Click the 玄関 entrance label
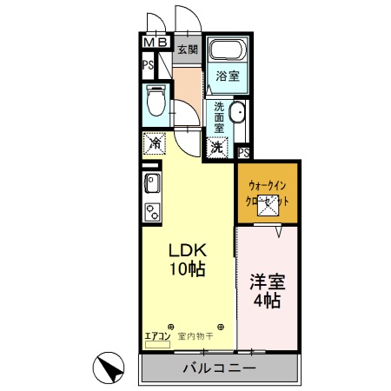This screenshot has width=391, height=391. pyautogui.click(x=188, y=50)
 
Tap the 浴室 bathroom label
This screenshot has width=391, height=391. pyautogui.click(x=229, y=76)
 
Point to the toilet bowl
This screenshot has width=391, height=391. pyautogui.click(x=156, y=103)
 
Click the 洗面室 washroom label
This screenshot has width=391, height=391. pyautogui.click(x=221, y=115)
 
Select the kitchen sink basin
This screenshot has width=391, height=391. pyautogui.click(x=149, y=183)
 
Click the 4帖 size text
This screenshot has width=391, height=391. pyautogui.click(x=266, y=302)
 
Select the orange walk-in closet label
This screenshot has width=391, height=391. pyautogui.click(x=268, y=191)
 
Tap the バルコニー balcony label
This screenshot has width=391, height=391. pyautogui.click(x=219, y=368)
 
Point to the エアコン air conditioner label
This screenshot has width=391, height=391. pyautogui.click(x=158, y=335)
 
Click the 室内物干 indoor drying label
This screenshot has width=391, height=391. pyautogui.click(x=195, y=335)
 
